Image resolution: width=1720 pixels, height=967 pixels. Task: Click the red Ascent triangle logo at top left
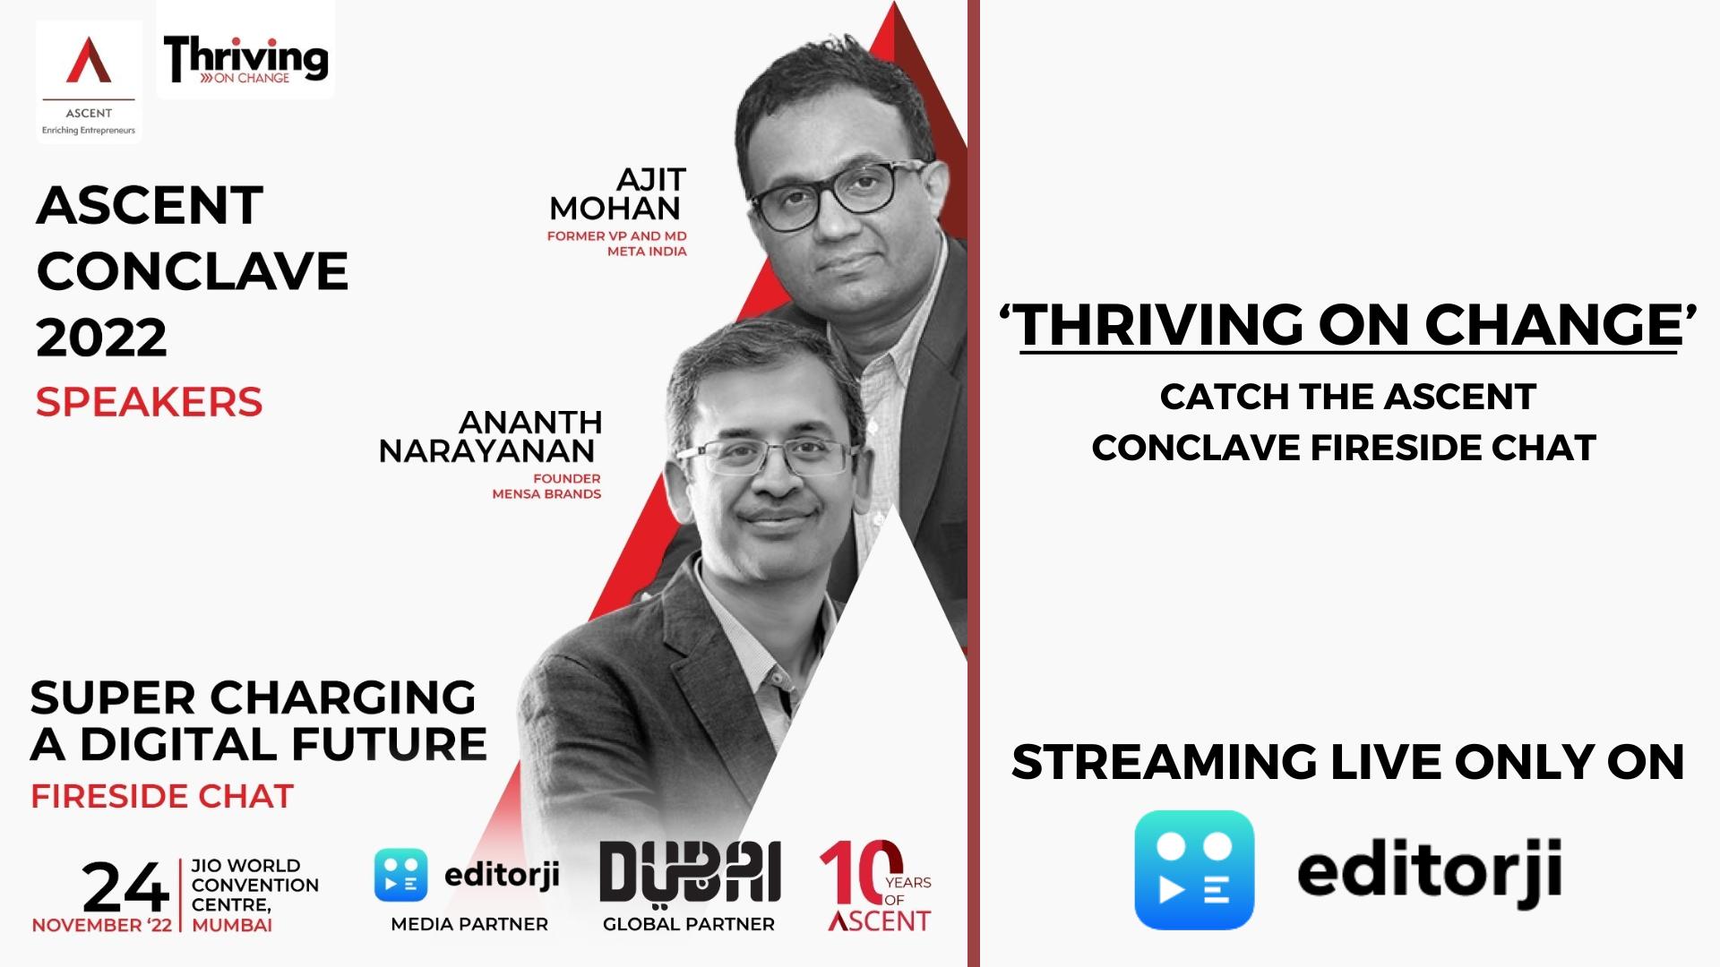89,61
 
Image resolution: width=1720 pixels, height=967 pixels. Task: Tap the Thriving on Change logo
245,59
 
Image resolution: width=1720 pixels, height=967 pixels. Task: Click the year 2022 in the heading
102,338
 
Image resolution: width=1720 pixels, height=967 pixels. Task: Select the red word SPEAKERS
149,402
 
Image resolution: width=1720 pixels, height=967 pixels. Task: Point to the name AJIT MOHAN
617,194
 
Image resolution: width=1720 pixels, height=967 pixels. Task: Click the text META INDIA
647,252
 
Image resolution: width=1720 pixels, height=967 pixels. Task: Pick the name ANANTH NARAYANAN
490,436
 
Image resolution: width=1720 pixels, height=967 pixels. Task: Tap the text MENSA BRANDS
546,493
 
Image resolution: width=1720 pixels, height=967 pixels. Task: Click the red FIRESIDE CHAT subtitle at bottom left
162,796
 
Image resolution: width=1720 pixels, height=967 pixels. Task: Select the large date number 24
125,888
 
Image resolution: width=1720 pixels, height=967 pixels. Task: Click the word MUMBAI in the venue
232,925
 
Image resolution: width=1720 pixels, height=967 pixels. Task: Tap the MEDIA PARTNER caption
469,924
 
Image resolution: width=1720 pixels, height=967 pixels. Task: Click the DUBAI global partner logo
690,871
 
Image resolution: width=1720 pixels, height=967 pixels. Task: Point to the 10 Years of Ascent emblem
876,886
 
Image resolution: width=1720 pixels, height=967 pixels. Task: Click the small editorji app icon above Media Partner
400,875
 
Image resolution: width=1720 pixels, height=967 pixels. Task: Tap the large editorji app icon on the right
1194,869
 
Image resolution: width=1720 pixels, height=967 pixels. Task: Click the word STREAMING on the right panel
1164,763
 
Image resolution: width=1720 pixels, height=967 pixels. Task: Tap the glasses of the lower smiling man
770,458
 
